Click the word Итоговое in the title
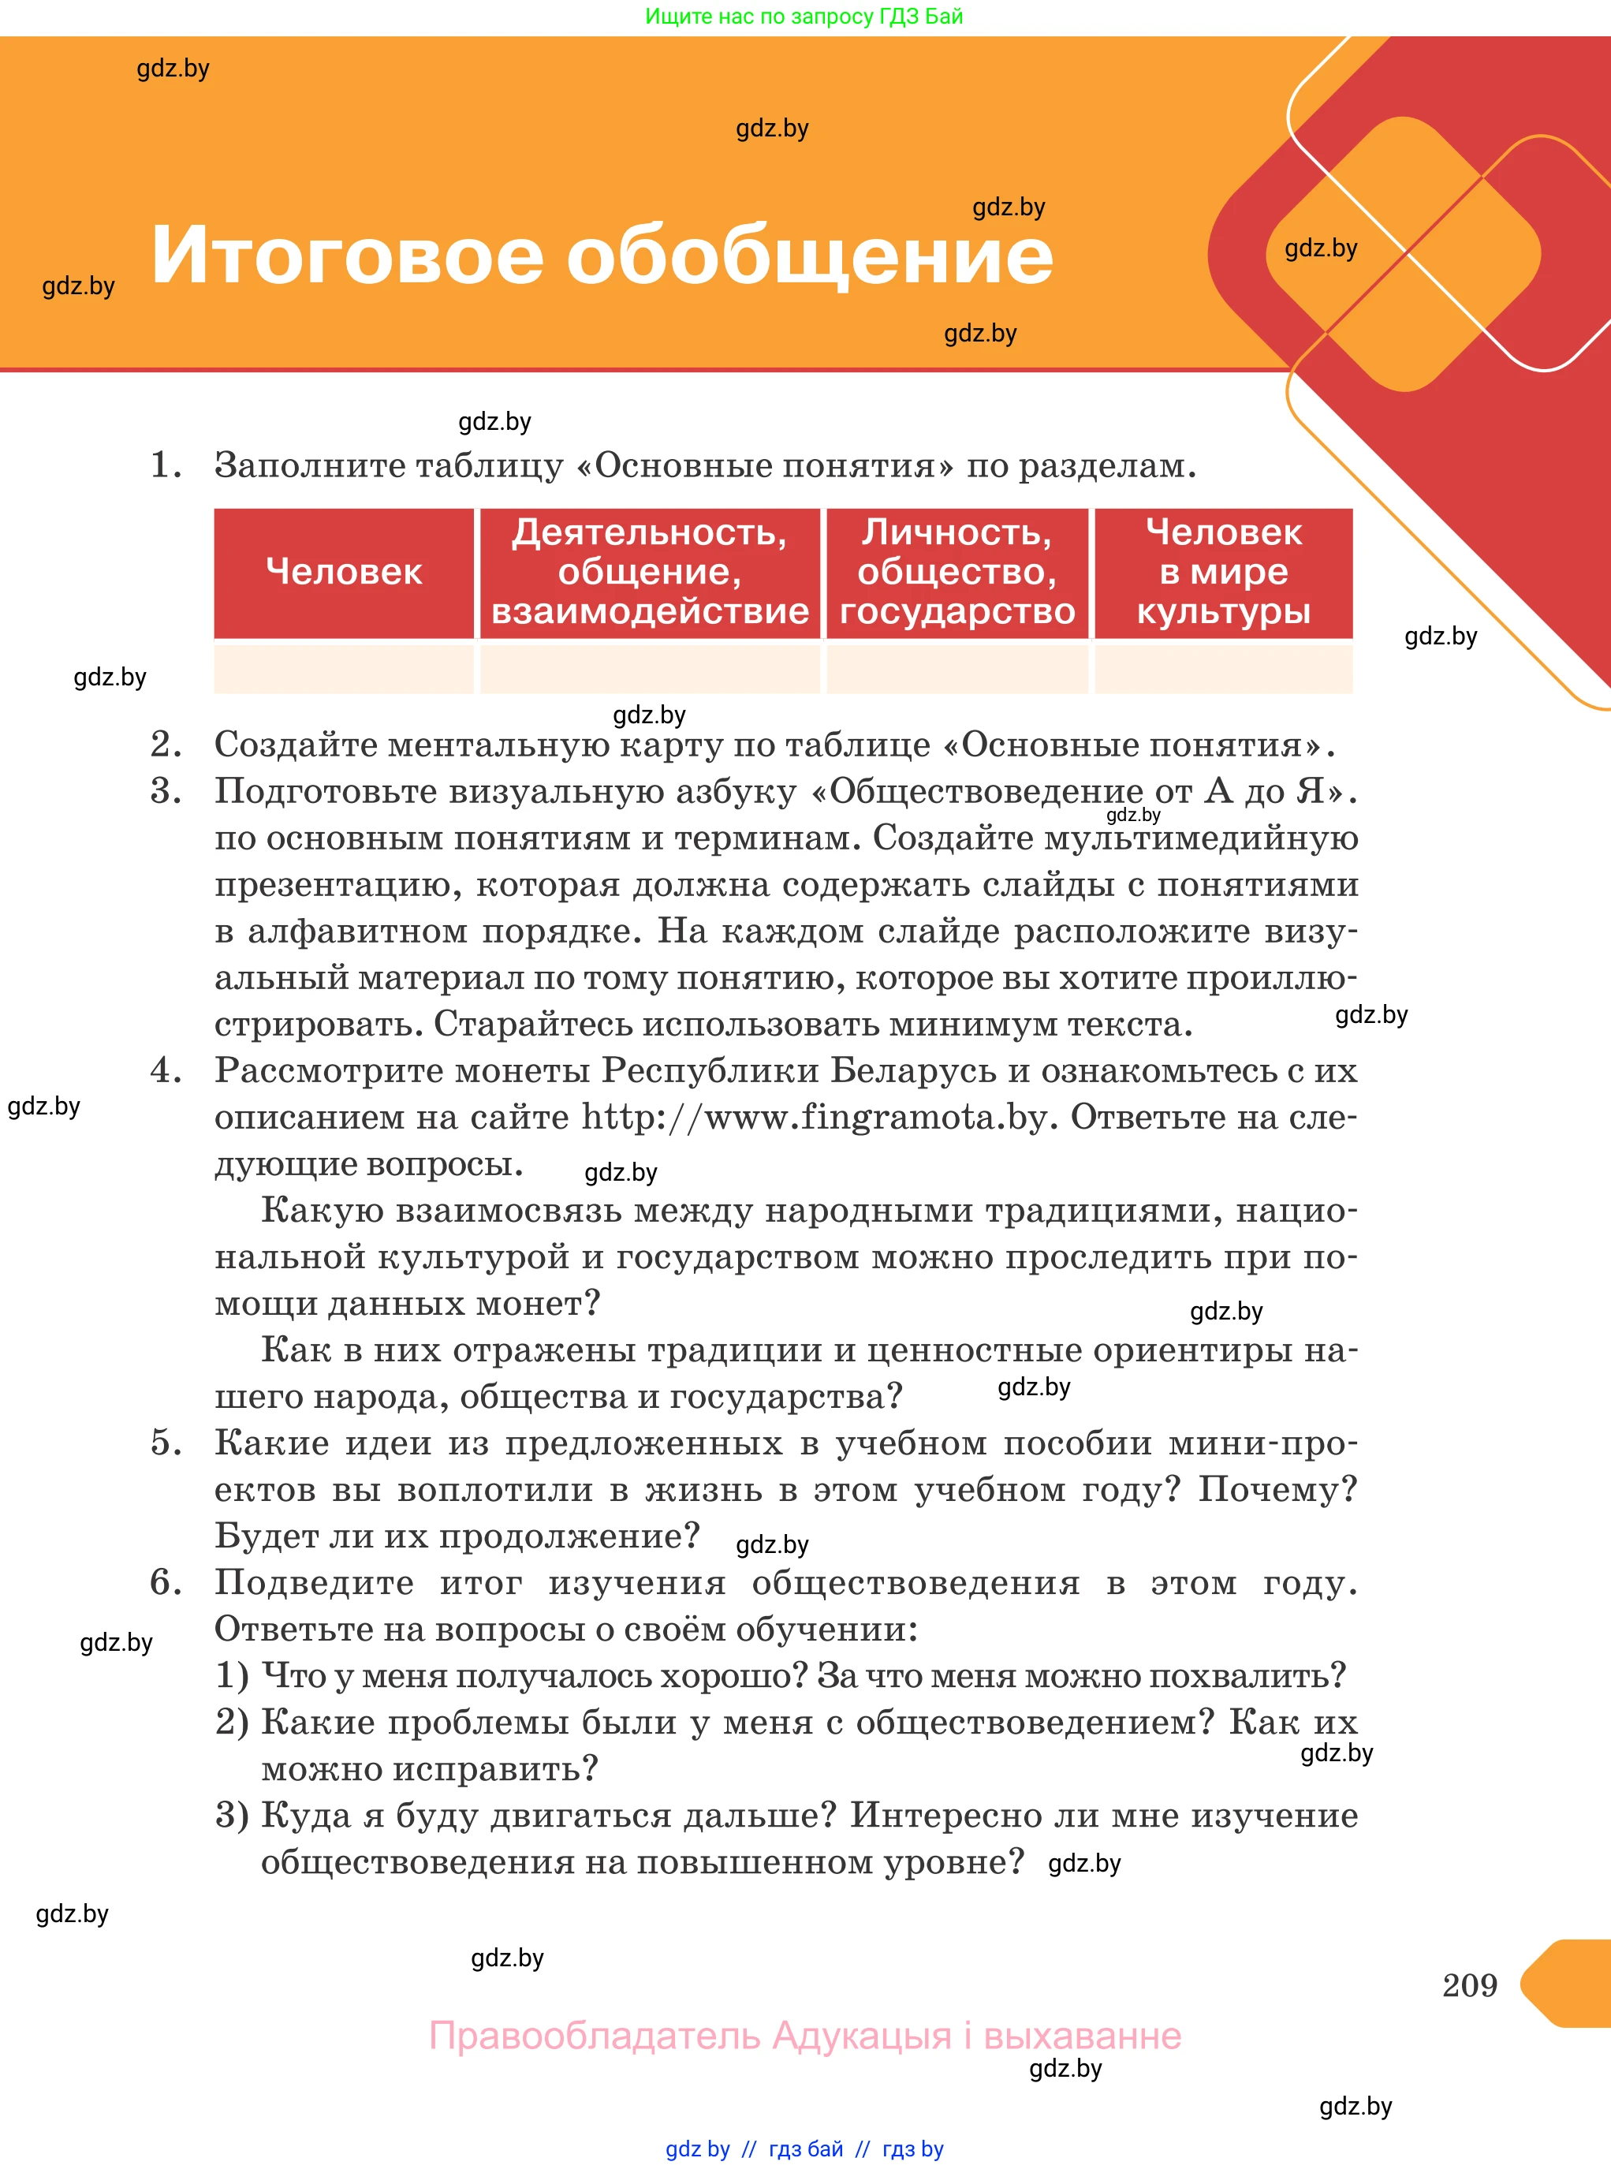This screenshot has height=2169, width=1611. click(x=346, y=256)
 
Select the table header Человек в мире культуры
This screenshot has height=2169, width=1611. click(x=1223, y=572)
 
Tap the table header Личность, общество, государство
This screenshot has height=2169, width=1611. click(x=957, y=572)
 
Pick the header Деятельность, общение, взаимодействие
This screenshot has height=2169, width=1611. click(x=650, y=572)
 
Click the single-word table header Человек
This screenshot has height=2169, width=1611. click(x=343, y=572)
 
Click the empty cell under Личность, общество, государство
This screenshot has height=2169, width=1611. click(x=957, y=669)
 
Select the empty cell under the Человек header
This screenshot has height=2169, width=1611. click(x=343, y=669)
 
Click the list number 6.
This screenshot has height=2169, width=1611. click(x=165, y=1582)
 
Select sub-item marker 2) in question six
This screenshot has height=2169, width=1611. click(x=232, y=1723)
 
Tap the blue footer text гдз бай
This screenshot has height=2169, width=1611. click(x=806, y=2149)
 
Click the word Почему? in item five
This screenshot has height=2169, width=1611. click(x=1277, y=1489)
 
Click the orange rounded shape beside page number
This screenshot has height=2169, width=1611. click(x=1570, y=1984)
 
